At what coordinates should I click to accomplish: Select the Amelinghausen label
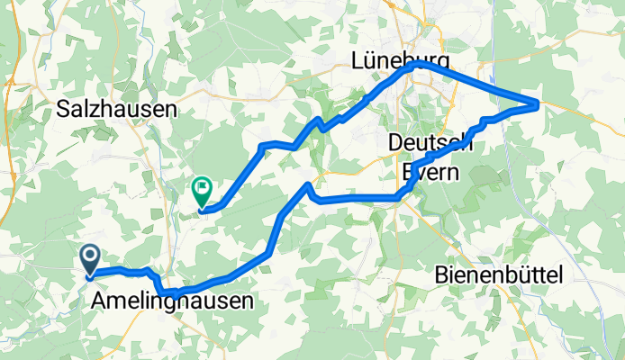coord(172,302)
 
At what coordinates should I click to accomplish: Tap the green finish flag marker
coord(202,189)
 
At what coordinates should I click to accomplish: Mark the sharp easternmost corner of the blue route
coord(539,104)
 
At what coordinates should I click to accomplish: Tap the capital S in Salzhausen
coord(62,109)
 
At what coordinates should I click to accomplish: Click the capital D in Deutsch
coord(395,142)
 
